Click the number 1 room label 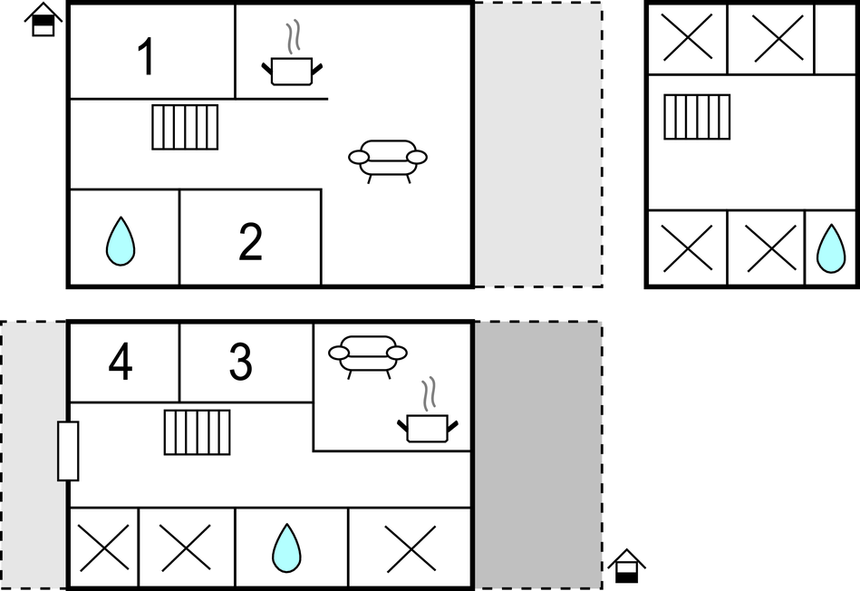tap(147, 56)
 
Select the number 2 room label tap(251, 241)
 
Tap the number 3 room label tap(241, 361)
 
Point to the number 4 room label tap(121, 361)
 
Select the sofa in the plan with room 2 tap(388, 159)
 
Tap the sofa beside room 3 tap(368, 354)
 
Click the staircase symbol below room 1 tap(185, 127)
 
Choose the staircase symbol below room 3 tap(197, 432)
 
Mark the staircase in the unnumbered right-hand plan tap(697, 117)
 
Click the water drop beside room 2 tap(121, 241)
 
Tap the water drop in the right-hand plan tap(831, 248)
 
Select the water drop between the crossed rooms tap(287, 548)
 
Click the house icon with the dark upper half tap(43, 20)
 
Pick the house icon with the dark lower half tap(627, 566)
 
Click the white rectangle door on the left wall tap(68, 451)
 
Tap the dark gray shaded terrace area tap(538, 455)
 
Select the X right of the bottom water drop tap(411, 548)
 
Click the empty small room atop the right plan tap(836, 39)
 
